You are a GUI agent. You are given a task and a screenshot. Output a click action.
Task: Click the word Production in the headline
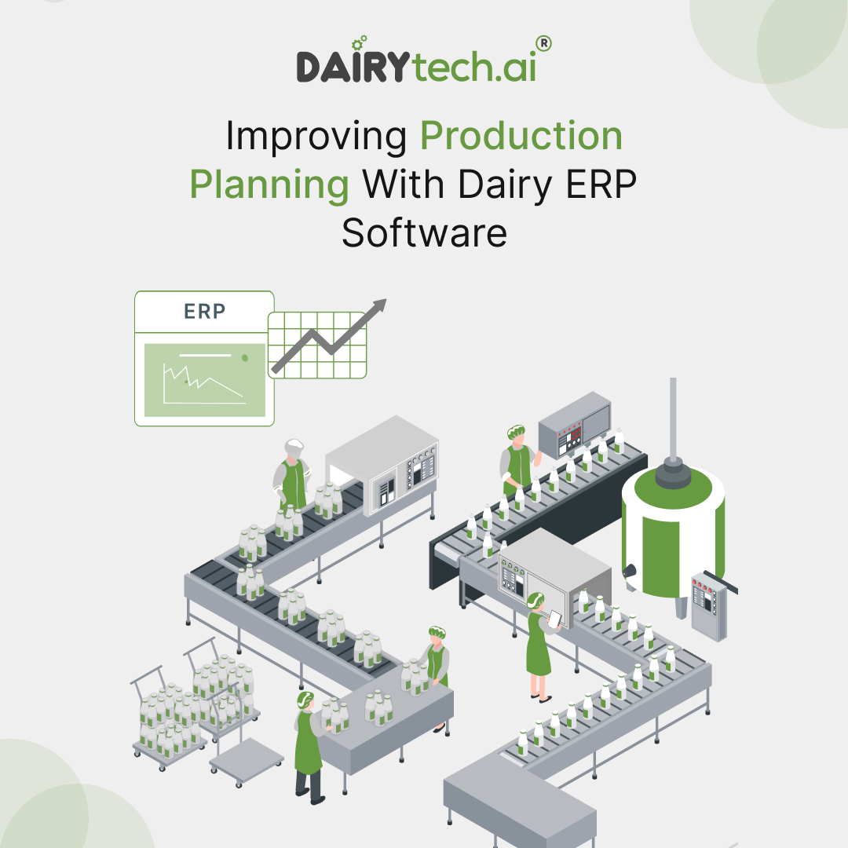(521, 137)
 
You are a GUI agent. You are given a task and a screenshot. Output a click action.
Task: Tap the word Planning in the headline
(269, 185)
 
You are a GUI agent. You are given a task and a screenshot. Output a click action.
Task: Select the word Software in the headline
(424, 234)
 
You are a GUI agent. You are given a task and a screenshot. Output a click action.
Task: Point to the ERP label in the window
(204, 311)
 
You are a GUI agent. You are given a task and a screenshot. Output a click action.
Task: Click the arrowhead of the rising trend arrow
(380, 304)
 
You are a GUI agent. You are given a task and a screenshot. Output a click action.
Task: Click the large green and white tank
(673, 534)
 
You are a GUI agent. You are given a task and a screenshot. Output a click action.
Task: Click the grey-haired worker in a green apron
(291, 475)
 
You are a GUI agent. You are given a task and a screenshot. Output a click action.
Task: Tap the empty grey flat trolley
(247, 754)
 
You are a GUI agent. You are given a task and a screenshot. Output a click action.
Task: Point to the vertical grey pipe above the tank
(673, 416)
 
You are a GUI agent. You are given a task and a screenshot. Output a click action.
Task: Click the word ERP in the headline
(605, 185)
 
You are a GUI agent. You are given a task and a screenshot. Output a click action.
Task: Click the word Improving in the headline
(316, 137)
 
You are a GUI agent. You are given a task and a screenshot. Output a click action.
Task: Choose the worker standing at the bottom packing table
(309, 746)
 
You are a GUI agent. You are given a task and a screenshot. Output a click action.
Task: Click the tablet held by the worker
(555, 620)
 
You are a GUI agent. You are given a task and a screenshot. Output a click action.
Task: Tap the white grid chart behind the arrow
(317, 345)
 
